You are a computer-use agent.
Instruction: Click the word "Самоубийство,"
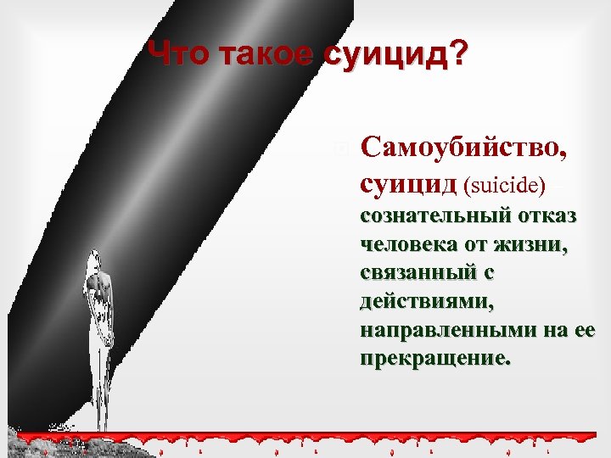pyautogui.click(x=464, y=148)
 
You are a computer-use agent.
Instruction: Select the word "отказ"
pyautogui.click(x=550, y=216)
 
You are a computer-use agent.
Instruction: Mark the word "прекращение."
pyautogui.click(x=436, y=359)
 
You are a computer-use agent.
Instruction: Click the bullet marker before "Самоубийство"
pyautogui.click(x=342, y=148)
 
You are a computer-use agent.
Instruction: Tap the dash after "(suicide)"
pyautogui.click(x=559, y=184)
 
